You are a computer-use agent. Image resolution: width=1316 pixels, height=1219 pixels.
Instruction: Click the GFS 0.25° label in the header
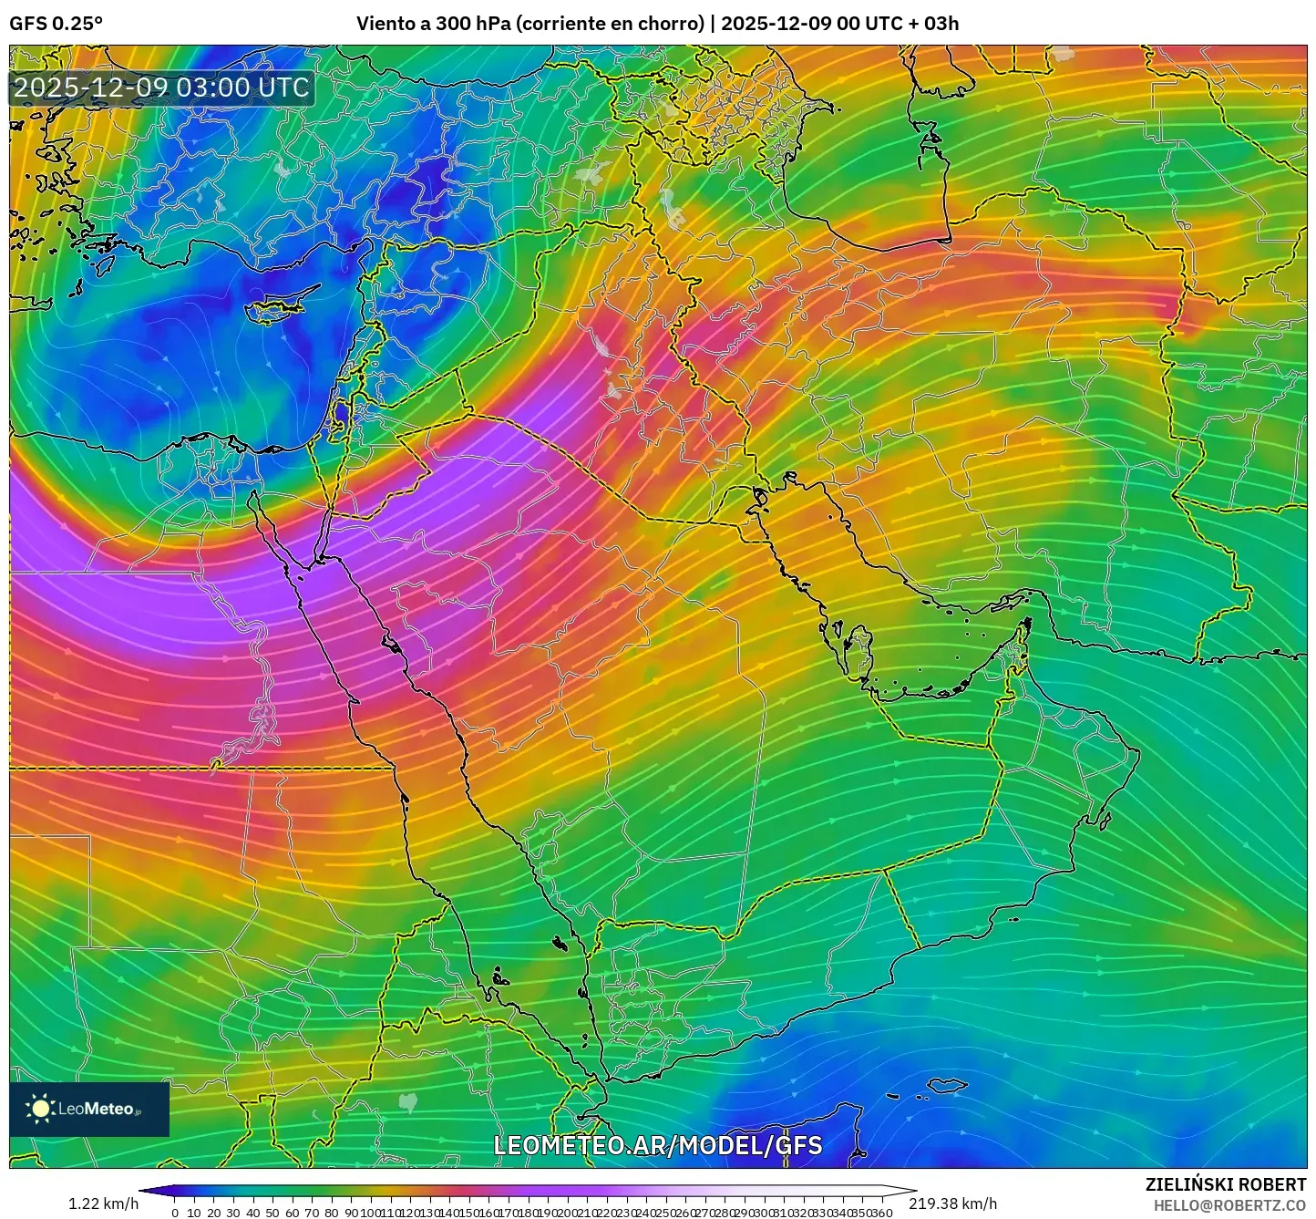point(56,24)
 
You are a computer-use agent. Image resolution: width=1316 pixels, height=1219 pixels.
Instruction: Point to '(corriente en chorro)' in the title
point(610,24)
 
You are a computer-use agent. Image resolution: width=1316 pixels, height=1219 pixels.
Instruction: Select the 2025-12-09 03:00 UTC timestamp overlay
point(161,88)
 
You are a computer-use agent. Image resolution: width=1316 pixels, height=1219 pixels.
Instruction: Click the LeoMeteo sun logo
point(41,1109)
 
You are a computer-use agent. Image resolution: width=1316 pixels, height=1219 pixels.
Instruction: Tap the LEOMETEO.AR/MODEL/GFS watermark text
point(657,1145)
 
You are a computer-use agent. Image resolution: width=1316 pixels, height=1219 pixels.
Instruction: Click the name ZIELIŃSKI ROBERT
point(1225,1184)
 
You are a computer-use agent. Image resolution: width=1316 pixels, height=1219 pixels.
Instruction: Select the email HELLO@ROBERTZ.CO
point(1229,1205)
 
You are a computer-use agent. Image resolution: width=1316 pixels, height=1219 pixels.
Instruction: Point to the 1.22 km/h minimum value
point(103,1204)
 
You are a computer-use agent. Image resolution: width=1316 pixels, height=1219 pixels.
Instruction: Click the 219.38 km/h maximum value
point(952,1204)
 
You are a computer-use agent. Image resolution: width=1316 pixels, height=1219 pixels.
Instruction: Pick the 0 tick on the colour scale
point(175,1213)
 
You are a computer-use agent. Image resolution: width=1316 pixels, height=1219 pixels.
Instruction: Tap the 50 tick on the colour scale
point(272,1213)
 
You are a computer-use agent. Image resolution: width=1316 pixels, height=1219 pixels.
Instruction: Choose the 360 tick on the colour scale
point(881,1213)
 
